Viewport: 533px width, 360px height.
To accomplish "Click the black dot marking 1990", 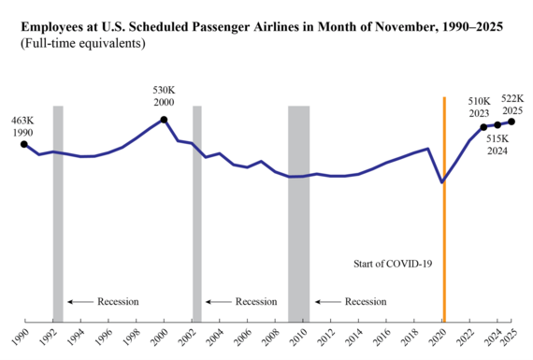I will point(23,144).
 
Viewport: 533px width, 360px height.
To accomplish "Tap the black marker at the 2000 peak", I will point(164,120).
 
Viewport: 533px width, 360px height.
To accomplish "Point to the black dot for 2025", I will point(511,122).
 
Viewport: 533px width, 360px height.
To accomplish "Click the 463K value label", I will point(22,121).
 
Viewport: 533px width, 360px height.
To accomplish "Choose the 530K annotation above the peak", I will point(164,91).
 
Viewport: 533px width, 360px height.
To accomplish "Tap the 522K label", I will point(512,97).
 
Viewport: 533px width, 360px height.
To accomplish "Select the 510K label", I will point(482,102).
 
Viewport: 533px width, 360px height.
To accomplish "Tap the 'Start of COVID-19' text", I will point(395,265).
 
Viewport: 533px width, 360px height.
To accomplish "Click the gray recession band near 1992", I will point(58,213).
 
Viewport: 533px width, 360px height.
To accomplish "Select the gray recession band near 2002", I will point(197,213).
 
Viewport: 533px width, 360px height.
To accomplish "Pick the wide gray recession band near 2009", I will point(298,213).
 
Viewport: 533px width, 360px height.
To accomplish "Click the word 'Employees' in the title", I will point(55,26).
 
